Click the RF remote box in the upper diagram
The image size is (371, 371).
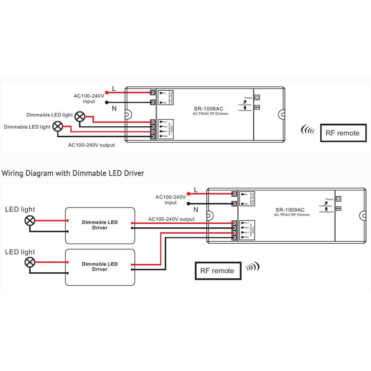pyautogui.click(x=343, y=133)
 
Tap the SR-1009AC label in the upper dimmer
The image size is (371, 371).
pyautogui.click(x=208, y=109)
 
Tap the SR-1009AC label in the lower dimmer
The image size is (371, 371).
pyautogui.click(x=290, y=210)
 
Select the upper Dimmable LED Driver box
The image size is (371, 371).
pyautogui.click(x=100, y=225)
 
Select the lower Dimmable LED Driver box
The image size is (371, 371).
pyautogui.click(x=100, y=267)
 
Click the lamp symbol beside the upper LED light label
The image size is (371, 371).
pyautogui.click(x=30, y=221)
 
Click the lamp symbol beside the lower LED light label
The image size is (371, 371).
pyautogui.click(x=30, y=262)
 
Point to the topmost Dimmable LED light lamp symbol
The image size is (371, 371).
pyautogui.click(x=80, y=117)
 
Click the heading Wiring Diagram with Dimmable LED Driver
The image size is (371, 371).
pyautogui.click(x=73, y=173)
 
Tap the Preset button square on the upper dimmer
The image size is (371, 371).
pyautogui.click(x=257, y=97)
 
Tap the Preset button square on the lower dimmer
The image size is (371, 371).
pyautogui.click(x=339, y=199)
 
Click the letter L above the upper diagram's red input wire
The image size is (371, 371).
pyautogui.click(x=114, y=89)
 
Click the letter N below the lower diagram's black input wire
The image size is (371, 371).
pyautogui.click(x=196, y=210)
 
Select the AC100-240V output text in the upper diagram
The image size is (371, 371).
pyautogui.click(x=91, y=145)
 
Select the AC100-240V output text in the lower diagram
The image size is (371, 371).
pyautogui.click(x=171, y=219)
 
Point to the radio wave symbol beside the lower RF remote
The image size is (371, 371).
pyautogui.click(x=253, y=267)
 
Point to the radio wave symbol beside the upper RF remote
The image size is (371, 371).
pyautogui.click(x=308, y=130)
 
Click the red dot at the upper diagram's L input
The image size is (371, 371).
pyautogui.click(x=107, y=92)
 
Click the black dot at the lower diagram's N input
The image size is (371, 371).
pyautogui.click(x=189, y=204)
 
